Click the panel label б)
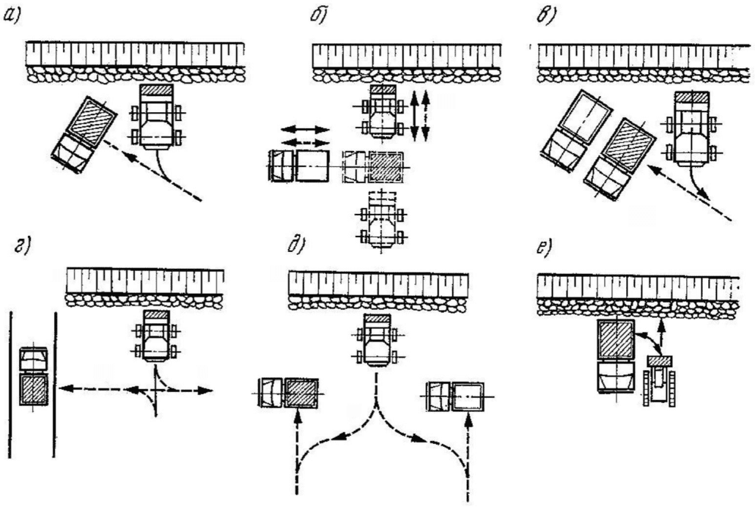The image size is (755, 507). point(317,15)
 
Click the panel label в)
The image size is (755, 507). point(545,16)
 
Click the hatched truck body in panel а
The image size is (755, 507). point(92,122)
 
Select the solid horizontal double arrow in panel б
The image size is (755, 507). point(305,130)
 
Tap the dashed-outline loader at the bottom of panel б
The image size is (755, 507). point(381,220)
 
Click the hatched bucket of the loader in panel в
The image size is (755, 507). point(691,97)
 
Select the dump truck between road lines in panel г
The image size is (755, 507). point(33,377)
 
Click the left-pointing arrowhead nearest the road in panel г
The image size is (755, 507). point(65,388)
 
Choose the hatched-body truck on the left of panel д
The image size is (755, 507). point(288,393)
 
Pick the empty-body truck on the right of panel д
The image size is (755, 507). point(458,396)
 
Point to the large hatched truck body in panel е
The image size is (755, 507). point(615,340)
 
